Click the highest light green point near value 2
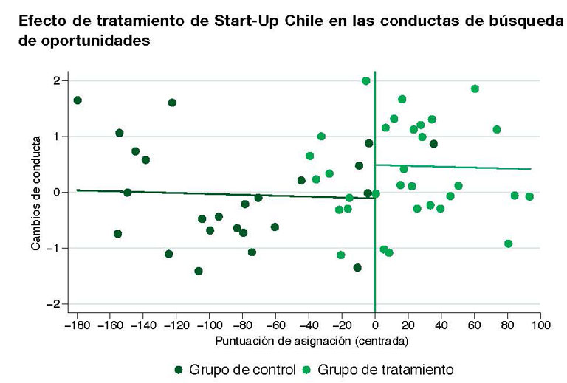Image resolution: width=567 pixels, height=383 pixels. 366,81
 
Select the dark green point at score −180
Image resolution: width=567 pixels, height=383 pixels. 78,100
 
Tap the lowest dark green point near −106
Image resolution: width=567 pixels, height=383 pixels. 199,271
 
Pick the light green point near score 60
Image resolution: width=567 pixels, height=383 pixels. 475,89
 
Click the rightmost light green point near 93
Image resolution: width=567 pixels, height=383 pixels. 530,196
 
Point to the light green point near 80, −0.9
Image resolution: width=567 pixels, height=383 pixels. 509,244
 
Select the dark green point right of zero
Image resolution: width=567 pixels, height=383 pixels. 434,144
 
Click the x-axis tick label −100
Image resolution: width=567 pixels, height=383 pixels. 210,325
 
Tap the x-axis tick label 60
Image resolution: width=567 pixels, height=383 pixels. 475,325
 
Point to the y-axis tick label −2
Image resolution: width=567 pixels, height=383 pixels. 53,304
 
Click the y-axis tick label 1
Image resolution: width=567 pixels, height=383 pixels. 56,137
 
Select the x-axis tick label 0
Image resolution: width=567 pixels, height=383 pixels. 375,325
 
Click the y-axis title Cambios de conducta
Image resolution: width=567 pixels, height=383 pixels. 35,193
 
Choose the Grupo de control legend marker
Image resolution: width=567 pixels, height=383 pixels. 179,370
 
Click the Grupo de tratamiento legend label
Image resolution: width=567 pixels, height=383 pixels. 385,370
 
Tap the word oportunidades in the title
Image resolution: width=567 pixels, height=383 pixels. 95,41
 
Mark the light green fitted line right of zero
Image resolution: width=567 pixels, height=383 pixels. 453,167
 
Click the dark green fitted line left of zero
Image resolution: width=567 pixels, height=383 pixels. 226,194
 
